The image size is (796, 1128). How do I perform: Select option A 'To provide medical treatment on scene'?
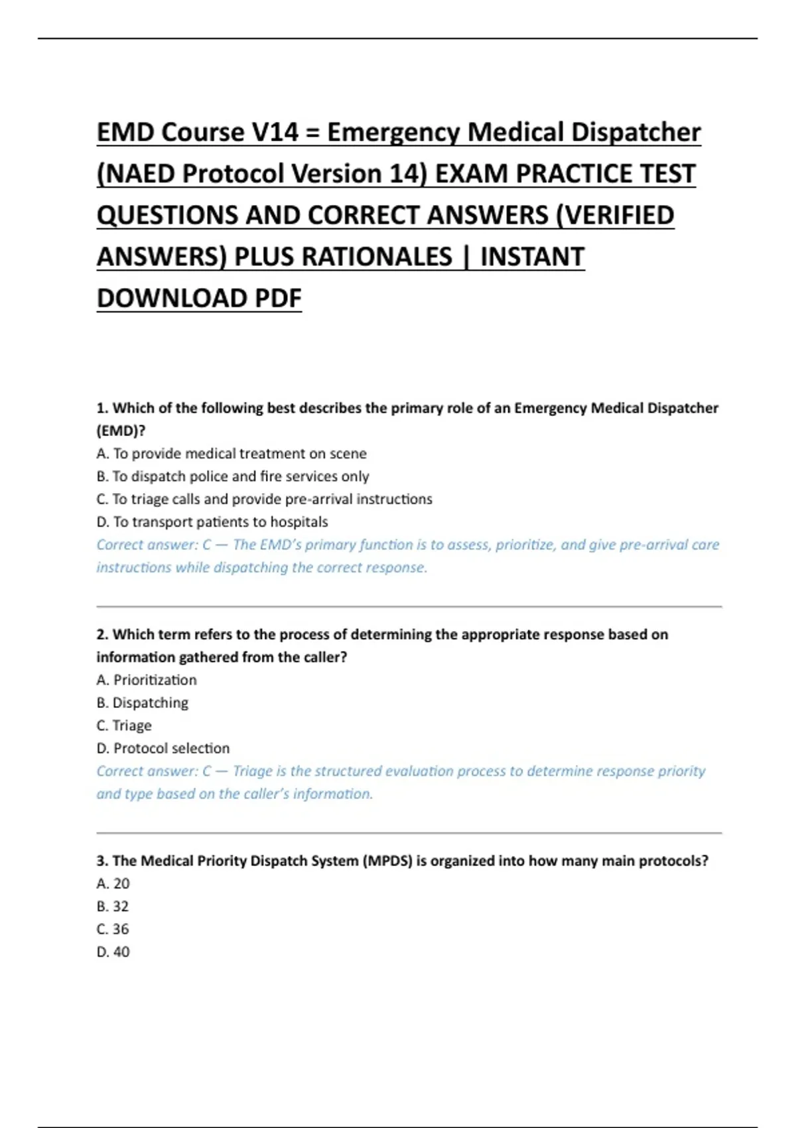(x=232, y=454)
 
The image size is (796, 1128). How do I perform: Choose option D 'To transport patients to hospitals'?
(x=212, y=522)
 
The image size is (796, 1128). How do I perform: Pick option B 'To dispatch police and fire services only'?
(x=233, y=476)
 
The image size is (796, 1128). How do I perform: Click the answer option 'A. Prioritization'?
(x=147, y=680)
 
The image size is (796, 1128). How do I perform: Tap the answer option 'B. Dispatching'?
(x=143, y=703)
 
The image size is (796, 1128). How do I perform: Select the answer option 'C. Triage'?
(x=124, y=726)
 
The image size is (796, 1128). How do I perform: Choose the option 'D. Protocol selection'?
(x=163, y=748)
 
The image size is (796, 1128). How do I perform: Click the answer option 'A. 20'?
(x=113, y=884)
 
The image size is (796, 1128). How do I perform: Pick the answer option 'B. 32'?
(x=113, y=906)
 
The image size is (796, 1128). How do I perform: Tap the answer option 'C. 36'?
(x=113, y=929)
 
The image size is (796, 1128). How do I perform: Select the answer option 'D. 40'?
(x=113, y=952)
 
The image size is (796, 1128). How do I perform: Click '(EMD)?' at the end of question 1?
(x=121, y=431)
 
